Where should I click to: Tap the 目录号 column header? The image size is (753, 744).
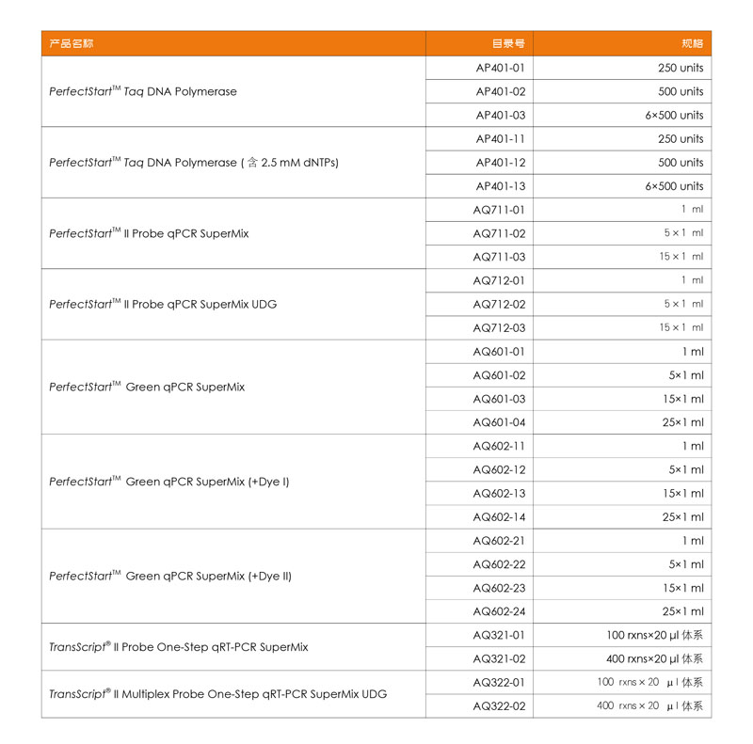(x=508, y=43)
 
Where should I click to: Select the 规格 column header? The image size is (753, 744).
(x=692, y=43)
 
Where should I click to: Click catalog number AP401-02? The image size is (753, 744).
(x=500, y=91)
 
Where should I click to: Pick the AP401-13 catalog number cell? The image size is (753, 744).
(x=500, y=186)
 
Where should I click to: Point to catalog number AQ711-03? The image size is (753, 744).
(x=499, y=257)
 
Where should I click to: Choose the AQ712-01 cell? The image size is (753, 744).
(x=499, y=280)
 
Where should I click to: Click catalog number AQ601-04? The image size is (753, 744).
(x=499, y=422)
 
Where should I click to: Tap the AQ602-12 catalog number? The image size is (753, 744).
(x=499, y=469)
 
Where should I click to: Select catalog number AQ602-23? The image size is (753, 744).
(x=499, y=588)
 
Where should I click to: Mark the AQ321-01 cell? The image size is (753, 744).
(x=499, y=635)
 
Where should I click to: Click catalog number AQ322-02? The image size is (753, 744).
(x=499, y=705)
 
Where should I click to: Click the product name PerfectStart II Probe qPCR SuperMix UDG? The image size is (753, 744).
(x=163, y=304)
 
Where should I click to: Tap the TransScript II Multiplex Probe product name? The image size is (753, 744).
(x=217, y=694)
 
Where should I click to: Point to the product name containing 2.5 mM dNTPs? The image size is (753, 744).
(x=194, y=163)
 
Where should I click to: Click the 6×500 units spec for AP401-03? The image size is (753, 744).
(x=674, y=115)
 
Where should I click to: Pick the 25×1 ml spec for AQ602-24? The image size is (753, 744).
(x=682, y=611)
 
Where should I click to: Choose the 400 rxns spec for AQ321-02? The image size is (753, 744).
(x=654, y=658)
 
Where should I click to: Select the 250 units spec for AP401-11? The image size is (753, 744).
(x=680, y=139)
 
